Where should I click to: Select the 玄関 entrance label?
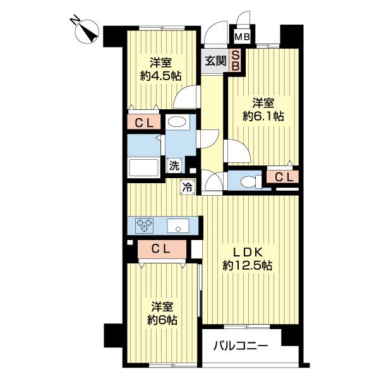(215, 61)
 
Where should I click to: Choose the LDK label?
(247, 252)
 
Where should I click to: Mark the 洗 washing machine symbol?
(174, 166)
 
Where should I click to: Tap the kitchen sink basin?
(178, 225)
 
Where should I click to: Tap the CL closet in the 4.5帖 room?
(144, 123)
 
